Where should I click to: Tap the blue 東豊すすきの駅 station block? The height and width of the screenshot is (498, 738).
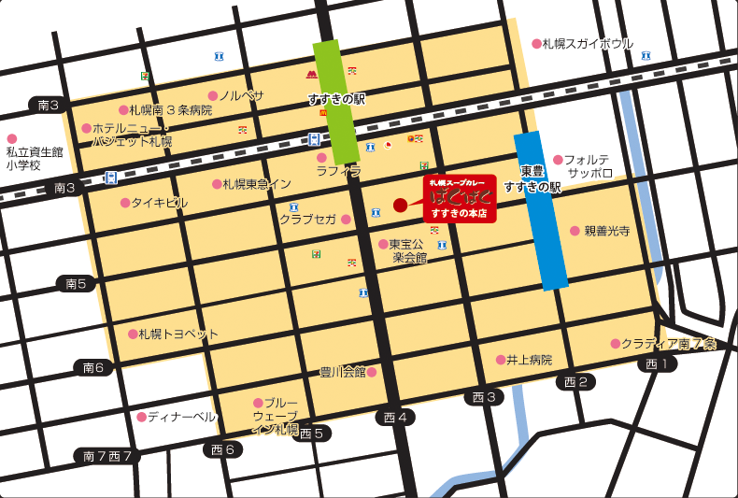point(542,211)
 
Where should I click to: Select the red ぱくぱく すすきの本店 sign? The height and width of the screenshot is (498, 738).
point(460,198)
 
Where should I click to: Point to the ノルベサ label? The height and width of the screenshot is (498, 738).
point(243,95)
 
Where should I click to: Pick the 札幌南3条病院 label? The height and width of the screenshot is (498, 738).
point(171,110)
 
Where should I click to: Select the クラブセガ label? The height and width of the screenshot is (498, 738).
point(308,220)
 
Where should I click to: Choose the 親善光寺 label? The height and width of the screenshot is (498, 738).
point(607,231)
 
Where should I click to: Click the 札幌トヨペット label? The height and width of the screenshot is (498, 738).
point(178,334)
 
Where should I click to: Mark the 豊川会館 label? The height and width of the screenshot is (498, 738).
point(343,372)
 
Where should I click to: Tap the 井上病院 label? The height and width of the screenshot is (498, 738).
point(530,360)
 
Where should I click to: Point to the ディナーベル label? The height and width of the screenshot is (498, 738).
point(181,417)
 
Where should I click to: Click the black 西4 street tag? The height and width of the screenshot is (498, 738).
point(393,417)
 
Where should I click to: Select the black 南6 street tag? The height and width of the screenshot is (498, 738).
point(97,367)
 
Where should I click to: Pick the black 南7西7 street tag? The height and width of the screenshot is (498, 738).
point(107,456)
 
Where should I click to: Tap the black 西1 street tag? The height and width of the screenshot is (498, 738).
point(658,363)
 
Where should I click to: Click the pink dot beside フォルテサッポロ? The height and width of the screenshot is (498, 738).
point(558,160)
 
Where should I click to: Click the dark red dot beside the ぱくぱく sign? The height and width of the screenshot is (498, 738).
point(400,205)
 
